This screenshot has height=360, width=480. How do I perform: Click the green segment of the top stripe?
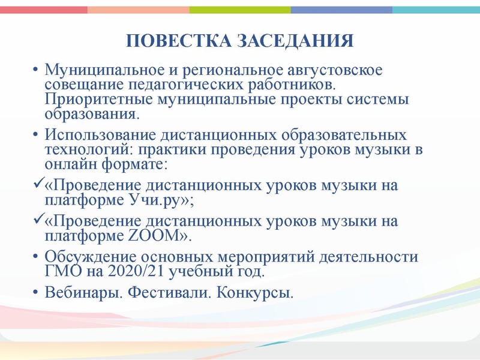(x=240, y=10)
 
